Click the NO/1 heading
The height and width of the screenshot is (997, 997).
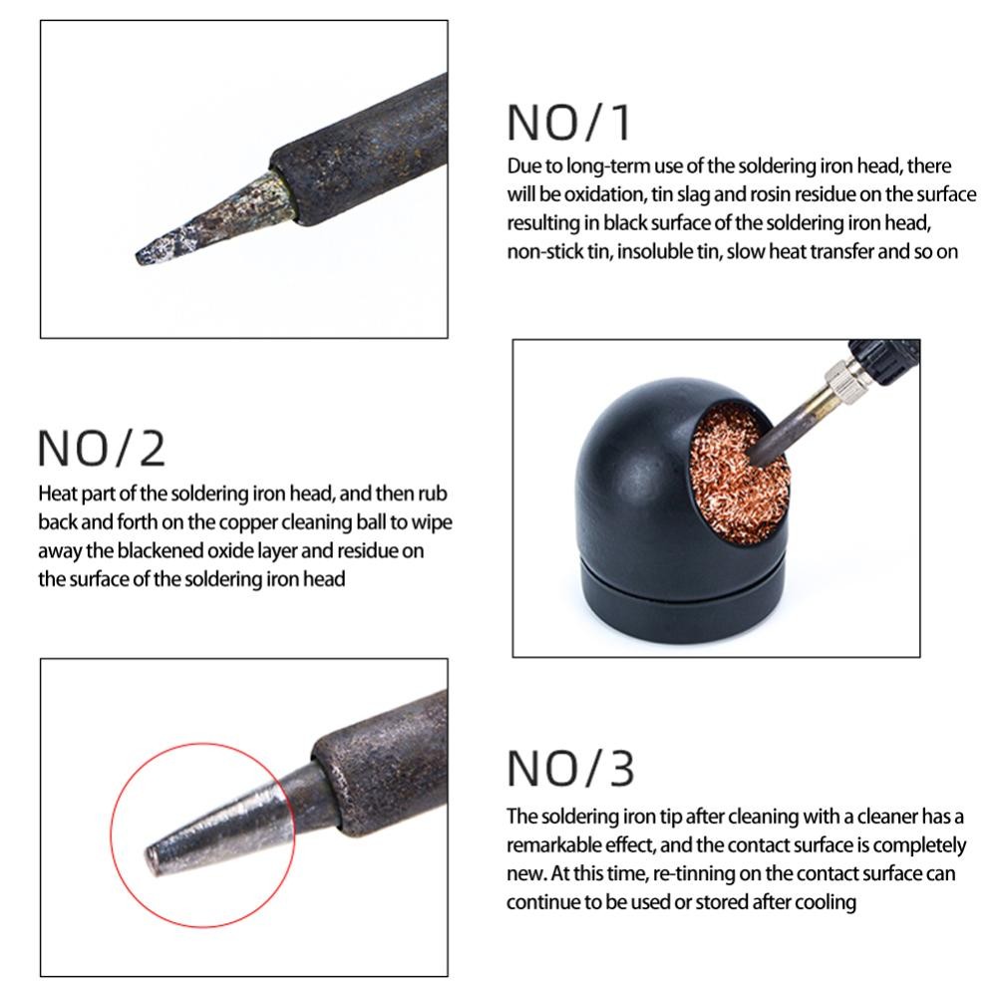[568, 122]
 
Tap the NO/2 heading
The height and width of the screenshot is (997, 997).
[102, 449]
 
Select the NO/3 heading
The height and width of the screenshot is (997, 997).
[570, 769]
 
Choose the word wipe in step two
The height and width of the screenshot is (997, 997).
[432, 522]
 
